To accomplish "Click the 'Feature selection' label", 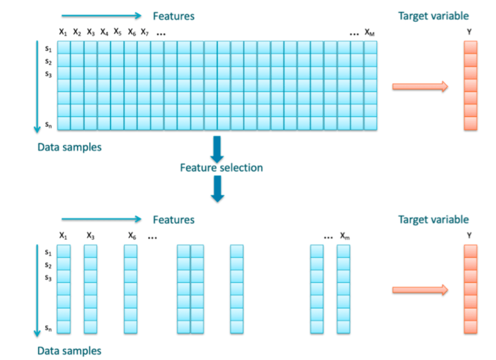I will (x=221, y=167).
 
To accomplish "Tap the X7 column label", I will (x=145, y=32).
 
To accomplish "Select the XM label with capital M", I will (x=370, y=32).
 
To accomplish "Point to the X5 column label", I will (x=118, y=32).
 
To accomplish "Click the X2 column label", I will (x=77, y=32).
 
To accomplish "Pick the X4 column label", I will (x=104, y=32).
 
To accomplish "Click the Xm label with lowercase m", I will (x=345, y=236).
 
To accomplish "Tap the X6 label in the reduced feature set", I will (x=131, y=236).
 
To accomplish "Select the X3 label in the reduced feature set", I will (x=90, y=236).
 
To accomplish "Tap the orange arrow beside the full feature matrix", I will (x=420, y=87).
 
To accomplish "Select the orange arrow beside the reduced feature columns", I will (x=420, y=290).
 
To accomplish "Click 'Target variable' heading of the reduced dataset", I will (x=433, y=220).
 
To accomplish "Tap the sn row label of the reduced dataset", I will (x=48, y=328).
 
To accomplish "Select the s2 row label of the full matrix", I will (x=48, y=62).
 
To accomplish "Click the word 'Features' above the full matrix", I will (x=173, y=16).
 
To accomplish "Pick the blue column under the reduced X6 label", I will (x=131, y=289).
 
